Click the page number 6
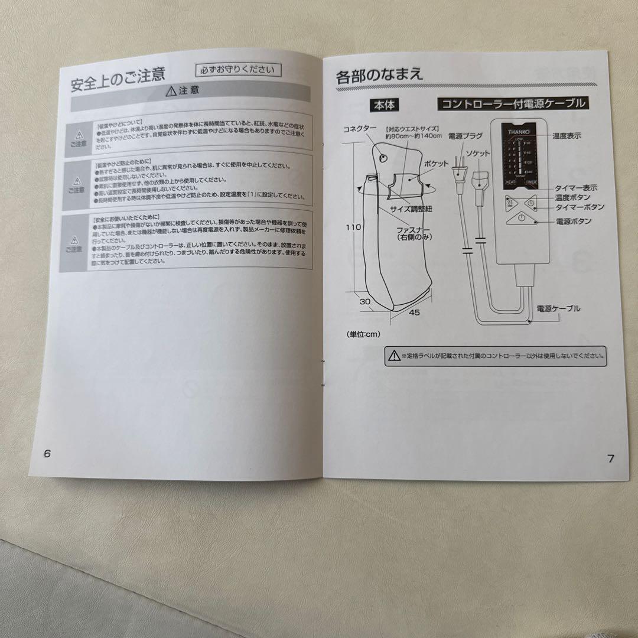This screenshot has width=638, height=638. pos(48,453)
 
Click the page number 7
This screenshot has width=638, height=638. pos(610,458)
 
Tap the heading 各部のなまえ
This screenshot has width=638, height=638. pos(379,76)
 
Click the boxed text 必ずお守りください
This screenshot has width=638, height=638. pos(238,70)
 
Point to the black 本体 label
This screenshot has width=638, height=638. pos(383,105)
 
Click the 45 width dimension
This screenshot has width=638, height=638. pos(414,313)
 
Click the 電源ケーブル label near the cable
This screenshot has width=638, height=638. pos(558,308)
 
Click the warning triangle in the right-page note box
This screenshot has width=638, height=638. pos(393,355)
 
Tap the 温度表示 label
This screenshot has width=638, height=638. pos(567,135)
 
